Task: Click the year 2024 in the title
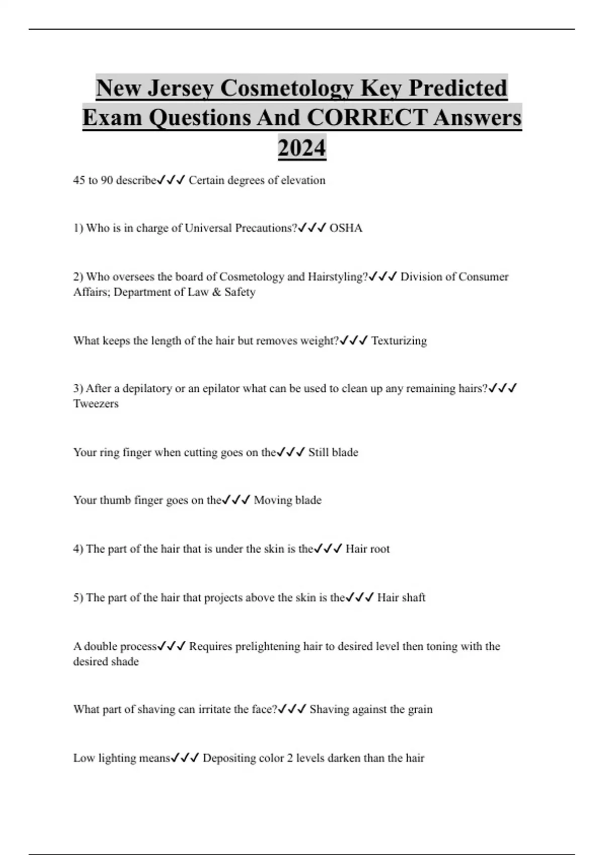click(x=302, y=148)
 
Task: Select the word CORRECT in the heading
click(x=367, y=118)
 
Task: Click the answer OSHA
click(x=346, y=228)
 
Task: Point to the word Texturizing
click(x=399, y=341)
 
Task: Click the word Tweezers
click(x=96, y=404)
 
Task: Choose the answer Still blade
click(x=333, y=453)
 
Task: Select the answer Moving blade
click(x=287, y=500)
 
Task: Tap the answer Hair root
click(x=367, y=549)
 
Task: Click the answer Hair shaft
click(x=401, y=598)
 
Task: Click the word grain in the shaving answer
click(x=420, y=710)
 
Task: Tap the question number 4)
click(x=78, y=549)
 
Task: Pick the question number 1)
click(x=78, y=228)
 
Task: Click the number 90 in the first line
click(x=107, y=181)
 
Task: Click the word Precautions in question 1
click(x=266, y=228)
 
